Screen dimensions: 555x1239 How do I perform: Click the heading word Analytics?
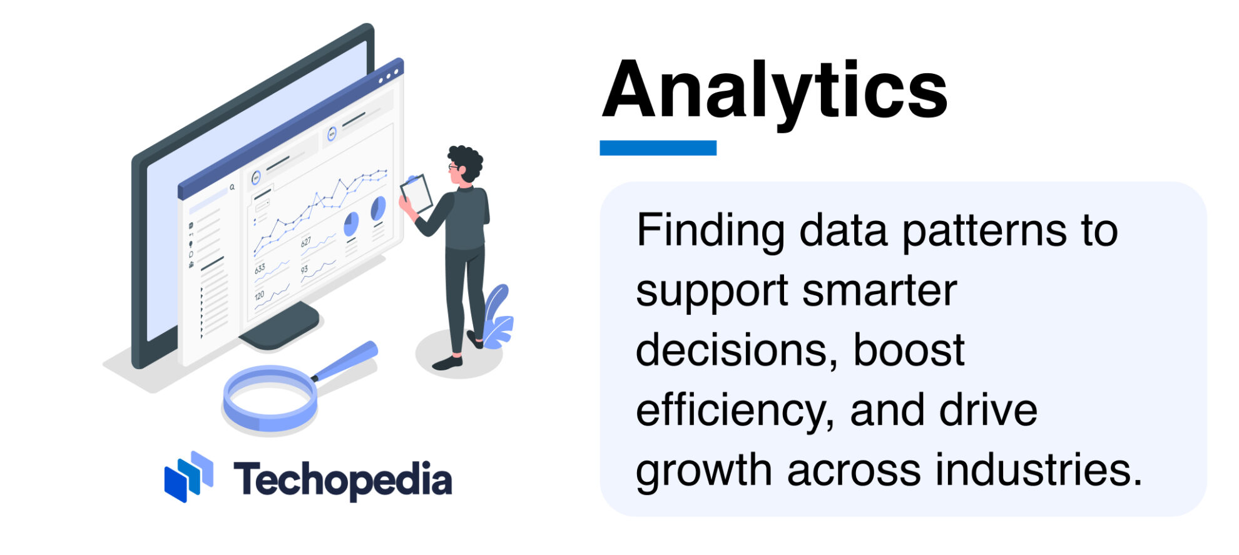pos(775,89)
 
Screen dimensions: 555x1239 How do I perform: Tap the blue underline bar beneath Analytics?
pos(658,148)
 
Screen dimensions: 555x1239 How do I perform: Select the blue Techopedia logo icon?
pos(188,476)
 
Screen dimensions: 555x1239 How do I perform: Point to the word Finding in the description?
pos(710,232)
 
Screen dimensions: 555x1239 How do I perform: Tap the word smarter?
pos(879,291)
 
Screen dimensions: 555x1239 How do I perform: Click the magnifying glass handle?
pos(346,361)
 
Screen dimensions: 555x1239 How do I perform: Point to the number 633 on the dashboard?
pos(260,269)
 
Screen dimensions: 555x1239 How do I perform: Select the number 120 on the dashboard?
pos(259,295)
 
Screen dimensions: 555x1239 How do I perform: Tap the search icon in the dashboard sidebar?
pos(232,187)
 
